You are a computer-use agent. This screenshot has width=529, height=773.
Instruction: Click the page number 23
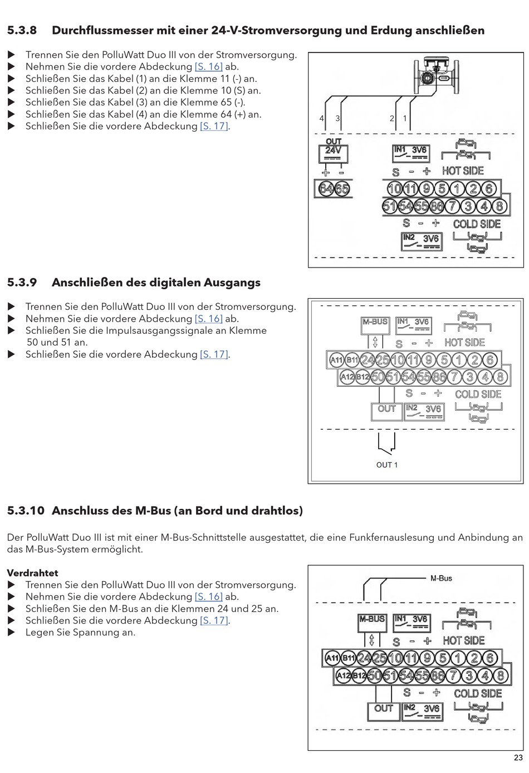pos(518,757)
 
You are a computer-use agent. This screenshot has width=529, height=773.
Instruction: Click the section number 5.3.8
pos(22,31)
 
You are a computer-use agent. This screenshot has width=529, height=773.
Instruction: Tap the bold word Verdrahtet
pos(32,573)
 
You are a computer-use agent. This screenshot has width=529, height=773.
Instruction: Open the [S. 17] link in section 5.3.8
pos(214,127)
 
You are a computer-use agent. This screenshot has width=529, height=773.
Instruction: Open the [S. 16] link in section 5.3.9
pos(208,319)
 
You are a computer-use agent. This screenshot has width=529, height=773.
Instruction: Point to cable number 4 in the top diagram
pos(322,119)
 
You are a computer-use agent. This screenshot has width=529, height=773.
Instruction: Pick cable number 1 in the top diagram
pos(405,119)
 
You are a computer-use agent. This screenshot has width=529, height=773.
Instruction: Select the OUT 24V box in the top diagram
pos(334,152)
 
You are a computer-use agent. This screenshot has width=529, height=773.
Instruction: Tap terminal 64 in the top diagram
pos(326,189)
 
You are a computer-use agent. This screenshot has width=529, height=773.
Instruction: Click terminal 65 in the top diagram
pos(341,189)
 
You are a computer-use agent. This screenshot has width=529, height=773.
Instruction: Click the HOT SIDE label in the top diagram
pos(463,171)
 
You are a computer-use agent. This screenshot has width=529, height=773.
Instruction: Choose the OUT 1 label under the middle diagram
pos(387,465)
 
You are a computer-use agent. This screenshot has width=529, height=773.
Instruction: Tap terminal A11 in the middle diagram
pos(336,360)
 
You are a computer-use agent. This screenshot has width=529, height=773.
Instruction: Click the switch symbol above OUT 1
pos(386,444)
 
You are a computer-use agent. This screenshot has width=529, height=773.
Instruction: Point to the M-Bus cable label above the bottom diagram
pos(441,578)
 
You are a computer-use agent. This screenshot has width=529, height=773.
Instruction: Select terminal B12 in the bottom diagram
pos(359,676)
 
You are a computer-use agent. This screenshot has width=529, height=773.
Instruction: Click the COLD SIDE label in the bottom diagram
pos(478,694)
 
